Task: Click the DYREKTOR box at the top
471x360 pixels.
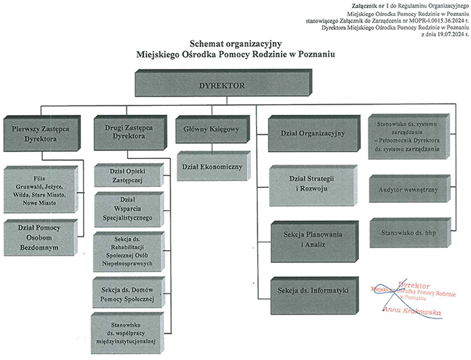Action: coord(221,86)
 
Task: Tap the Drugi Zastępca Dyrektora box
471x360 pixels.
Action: coord(128,131)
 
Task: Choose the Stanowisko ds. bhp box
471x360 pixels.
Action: coord(408,233)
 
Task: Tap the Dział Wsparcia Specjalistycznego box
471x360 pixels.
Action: coord(128,208)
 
